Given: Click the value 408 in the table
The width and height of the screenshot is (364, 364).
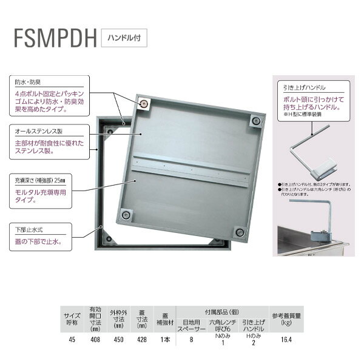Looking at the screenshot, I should point(95,340).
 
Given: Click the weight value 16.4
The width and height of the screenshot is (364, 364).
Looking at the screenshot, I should point(287,340).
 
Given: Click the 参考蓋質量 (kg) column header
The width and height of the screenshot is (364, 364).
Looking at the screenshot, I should point(287,320).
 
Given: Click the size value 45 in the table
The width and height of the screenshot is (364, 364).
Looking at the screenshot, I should point(72,340).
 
